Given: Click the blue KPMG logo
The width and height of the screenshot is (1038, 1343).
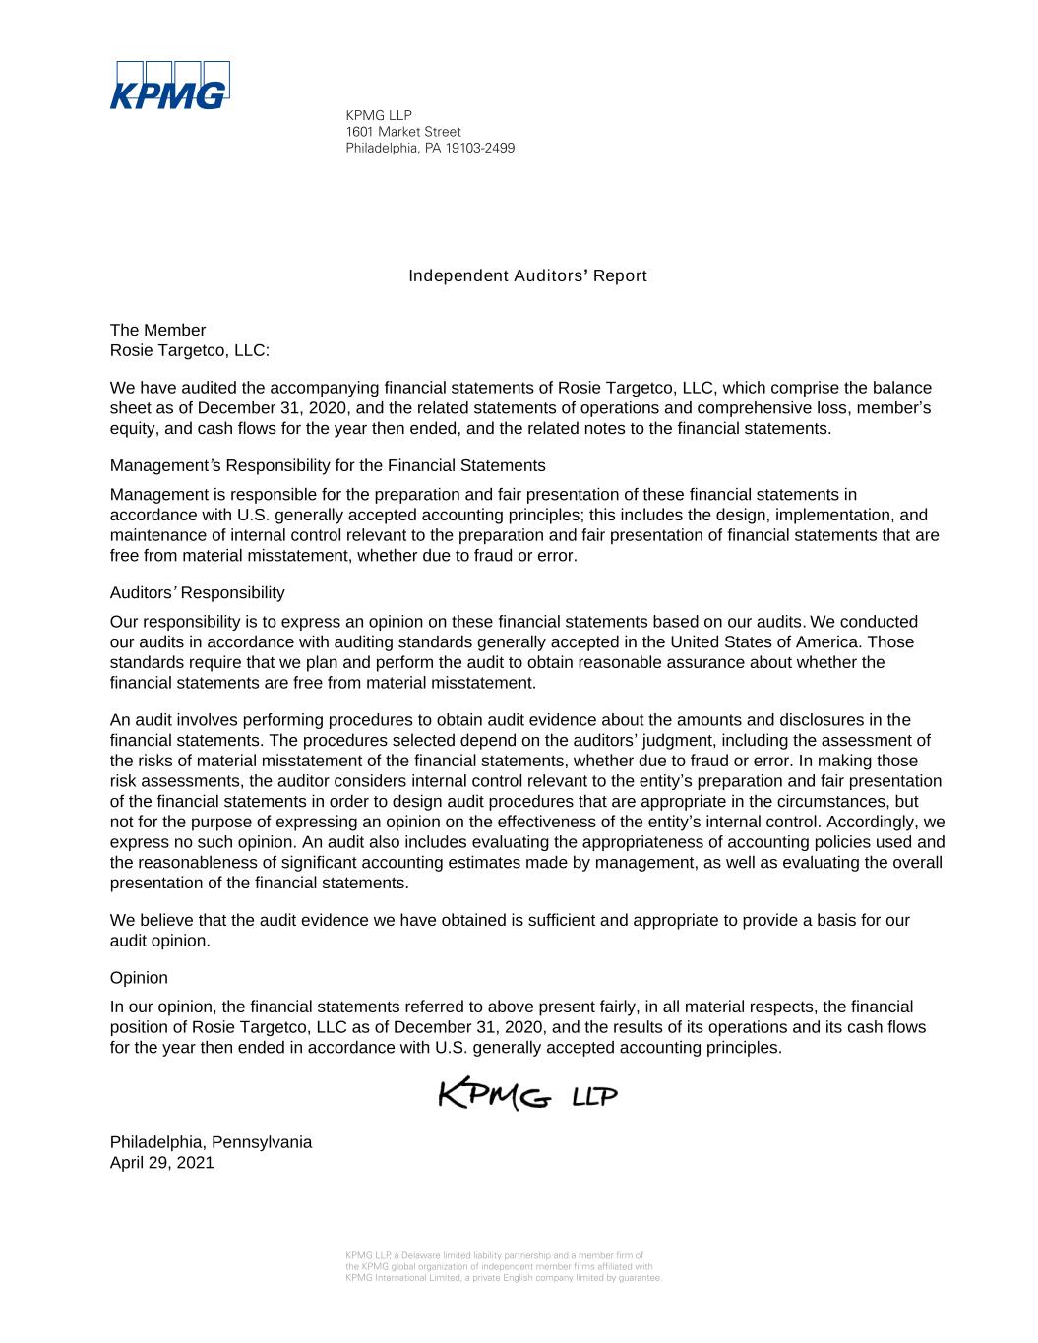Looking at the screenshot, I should [169, 86].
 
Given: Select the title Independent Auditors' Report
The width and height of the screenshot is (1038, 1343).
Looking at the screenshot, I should [527, 275].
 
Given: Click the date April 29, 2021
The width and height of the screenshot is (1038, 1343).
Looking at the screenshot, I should [161, 1162].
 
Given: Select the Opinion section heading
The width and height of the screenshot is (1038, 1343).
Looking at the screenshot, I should [139, 978].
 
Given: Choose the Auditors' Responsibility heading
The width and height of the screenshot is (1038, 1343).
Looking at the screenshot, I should [197, 592].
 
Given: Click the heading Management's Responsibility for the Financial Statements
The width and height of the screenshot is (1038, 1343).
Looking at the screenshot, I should [327, 465].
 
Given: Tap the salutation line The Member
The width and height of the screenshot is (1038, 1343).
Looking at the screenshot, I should [157, 330].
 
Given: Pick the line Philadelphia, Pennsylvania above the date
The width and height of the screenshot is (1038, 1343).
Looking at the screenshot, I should [211, 1142].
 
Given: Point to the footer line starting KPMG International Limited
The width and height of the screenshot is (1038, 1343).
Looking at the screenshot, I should [504, 1278].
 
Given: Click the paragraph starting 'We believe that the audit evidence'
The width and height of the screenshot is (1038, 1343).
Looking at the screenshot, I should [509, 930].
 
